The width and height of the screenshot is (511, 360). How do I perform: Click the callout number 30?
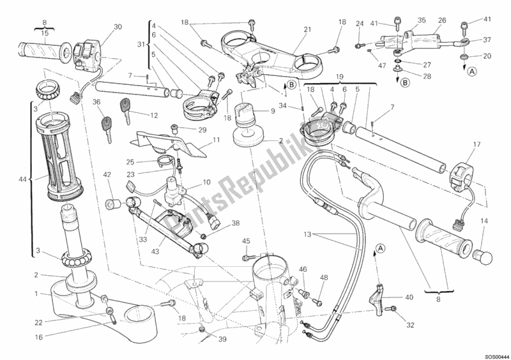(x=117, y=27)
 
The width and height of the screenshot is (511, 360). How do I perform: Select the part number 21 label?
(x=307, y=29)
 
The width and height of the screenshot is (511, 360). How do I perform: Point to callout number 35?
(x=421, y=20)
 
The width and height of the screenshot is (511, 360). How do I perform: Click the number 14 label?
(x=483, y=221)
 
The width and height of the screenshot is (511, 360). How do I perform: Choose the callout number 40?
(x=409, y=297)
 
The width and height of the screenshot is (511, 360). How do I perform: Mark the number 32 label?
(x=409, y=324)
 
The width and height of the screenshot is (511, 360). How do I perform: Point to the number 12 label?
(x=154, y=116)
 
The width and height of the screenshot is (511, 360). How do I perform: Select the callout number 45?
(x=246, y=241)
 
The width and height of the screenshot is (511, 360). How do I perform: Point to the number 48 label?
(x=324, y=277)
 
